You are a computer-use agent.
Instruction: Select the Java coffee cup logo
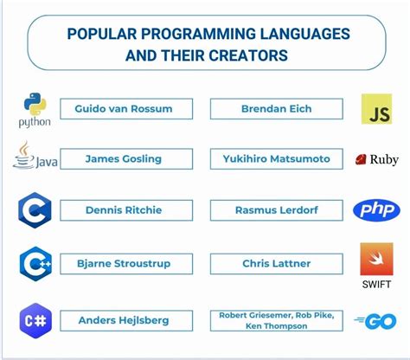[x=24, y=157]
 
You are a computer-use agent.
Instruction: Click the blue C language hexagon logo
[x=35, y=210]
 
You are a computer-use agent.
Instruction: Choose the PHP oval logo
[x=376, y=210]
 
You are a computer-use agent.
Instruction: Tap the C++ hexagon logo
[x=35, y=262]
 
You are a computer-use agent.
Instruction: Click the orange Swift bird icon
[x=376, y=259]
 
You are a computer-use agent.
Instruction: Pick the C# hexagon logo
[x=35, y=319]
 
